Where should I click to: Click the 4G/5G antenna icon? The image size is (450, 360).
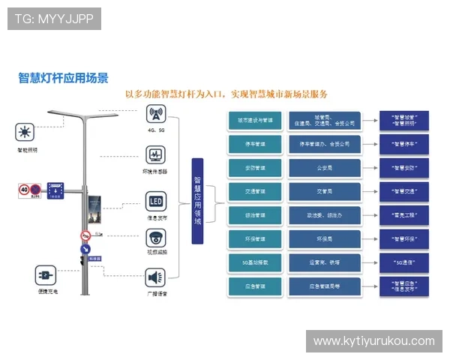point(156,115)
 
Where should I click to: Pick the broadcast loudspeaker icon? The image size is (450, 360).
point(156,278)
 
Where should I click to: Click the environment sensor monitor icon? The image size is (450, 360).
point(156,156)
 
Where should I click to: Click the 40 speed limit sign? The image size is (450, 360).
point(25,190)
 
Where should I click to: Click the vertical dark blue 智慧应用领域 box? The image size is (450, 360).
point(197,201)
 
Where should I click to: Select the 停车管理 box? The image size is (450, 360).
point(255,143)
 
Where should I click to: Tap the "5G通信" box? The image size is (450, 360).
point(404,262)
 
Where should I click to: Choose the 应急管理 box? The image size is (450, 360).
point(255,286)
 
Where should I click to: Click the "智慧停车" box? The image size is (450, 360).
point(404,143)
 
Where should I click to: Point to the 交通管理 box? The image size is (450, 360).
point(255,191)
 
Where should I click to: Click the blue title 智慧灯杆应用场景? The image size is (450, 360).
point(63,77)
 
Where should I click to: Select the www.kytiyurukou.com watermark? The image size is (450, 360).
point(373,341)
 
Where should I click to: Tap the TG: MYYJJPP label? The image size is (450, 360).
point(54,19)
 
